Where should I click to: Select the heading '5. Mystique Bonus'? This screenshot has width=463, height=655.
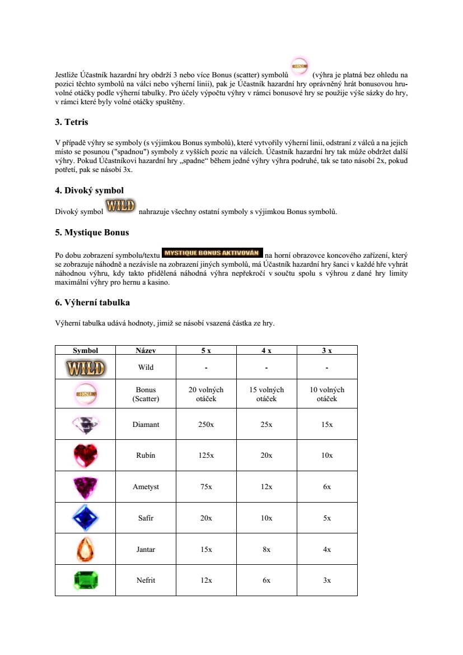(x=92, y=232)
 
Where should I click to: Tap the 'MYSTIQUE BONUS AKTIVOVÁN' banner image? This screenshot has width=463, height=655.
(x=212, y=252)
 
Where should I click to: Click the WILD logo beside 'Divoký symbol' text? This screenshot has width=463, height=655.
(x=121, y=206)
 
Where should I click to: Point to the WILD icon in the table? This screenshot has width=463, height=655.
(x=86, y=368)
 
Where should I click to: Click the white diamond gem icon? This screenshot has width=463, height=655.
(x=86, y=424)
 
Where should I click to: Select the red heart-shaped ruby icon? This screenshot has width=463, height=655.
(x=86, y=455)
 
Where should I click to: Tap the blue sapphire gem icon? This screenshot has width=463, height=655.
(x=86, y=518)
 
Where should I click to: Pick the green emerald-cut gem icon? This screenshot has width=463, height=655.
(x=86, y=580)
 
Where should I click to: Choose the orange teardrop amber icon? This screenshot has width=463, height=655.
(x=86, y=550)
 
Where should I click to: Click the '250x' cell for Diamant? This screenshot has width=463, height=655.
(x=206, y=424)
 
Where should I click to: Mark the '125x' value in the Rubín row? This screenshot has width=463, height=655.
(x=206, y=456)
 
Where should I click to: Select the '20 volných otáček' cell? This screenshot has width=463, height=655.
(x=206, y=394)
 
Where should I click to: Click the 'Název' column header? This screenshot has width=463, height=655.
(x=146, y=350)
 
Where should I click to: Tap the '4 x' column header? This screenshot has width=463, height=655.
(x=266, y=350)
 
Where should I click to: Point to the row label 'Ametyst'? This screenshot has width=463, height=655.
(x=146, y=487)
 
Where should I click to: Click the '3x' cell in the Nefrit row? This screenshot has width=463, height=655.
(x=327, y=580)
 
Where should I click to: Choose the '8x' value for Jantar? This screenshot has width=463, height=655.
(x=266, y=550)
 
